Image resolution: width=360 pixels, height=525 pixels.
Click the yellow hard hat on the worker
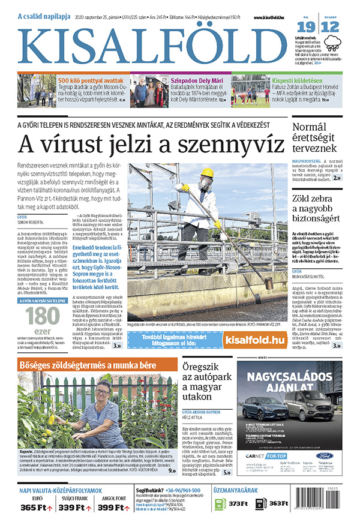(x=207, y=173)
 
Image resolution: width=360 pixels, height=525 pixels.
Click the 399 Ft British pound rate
(x=110, y=508)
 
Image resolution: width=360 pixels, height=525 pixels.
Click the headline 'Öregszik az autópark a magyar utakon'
(x=201, y=383)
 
